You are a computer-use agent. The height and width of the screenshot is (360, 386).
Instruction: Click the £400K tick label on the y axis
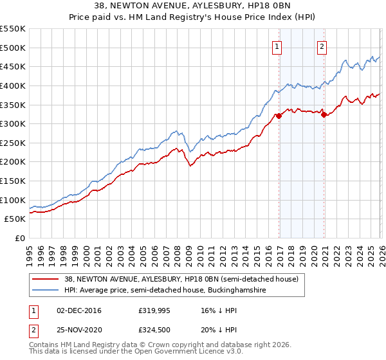tap(13, 85)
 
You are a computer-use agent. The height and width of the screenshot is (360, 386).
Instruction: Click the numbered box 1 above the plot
tap(277, 46)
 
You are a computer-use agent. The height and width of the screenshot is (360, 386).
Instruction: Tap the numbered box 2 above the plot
tap(322, 46)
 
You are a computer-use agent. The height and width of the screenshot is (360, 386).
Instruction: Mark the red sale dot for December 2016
tap(279, 116)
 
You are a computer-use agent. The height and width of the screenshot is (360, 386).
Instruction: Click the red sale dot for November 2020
tap(324, 115)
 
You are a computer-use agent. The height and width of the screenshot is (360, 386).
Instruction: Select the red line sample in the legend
tap(46, 280)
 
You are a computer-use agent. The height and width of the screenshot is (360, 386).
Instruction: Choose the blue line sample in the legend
tap(46, 291)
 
